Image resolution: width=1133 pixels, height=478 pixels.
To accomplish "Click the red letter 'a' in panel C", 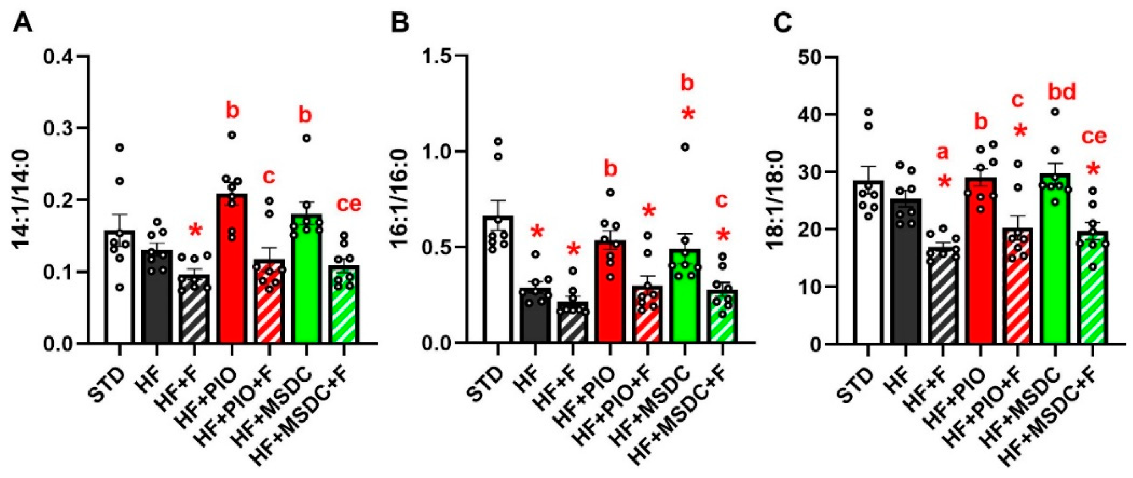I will (943, 153).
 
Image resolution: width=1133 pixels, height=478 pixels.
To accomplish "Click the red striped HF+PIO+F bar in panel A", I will (269, 308).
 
